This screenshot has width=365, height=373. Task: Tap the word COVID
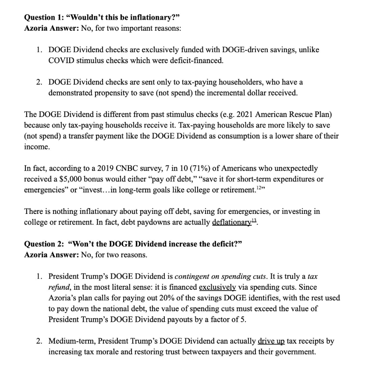61,60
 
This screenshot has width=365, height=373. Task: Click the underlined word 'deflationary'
231,222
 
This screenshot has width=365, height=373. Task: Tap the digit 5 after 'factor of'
244,319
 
